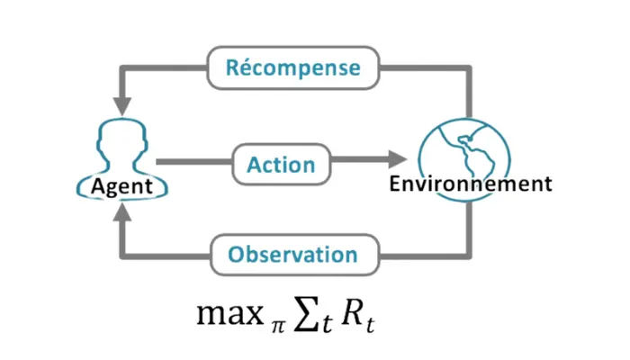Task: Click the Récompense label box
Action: click(x=293, y=67)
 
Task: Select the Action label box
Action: click(x=281, y=165)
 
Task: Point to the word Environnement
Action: click(x=470, y=184)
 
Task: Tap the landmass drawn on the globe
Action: click(x=479, y=148)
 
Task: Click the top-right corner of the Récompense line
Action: click(x=469, y=68)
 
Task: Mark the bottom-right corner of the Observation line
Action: click(x=469, y=253)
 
